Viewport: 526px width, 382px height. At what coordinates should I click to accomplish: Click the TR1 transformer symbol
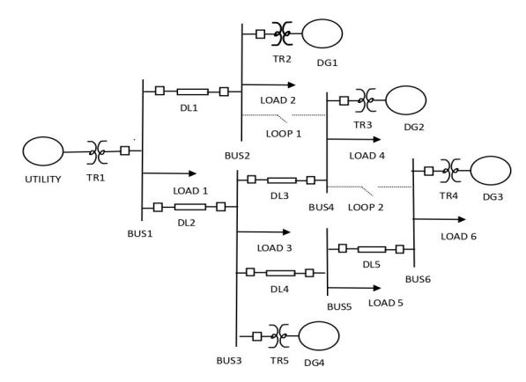97,152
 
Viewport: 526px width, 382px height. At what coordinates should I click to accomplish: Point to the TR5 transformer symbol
279,335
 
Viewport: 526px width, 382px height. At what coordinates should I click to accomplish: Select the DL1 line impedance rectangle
193,92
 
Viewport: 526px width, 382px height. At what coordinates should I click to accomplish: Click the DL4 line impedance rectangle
281,273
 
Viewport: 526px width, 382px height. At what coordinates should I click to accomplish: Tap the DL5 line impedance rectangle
372,249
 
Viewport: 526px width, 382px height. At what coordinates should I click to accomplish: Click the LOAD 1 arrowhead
193,173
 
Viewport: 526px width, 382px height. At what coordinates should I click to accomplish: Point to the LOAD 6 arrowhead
462,219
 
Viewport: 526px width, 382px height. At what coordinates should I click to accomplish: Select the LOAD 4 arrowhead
377,139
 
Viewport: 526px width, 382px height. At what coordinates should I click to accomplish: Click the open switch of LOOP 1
282,118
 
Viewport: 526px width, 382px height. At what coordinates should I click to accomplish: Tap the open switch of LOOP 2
367,191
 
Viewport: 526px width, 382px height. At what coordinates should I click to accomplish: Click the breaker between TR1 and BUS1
125,151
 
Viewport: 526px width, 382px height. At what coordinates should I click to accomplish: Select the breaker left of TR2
260,33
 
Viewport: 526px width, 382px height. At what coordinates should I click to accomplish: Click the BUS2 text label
238,156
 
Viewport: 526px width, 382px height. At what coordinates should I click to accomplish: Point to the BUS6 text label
418,279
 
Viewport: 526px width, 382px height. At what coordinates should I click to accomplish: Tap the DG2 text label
414,127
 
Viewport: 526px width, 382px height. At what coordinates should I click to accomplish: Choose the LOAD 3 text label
274,248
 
